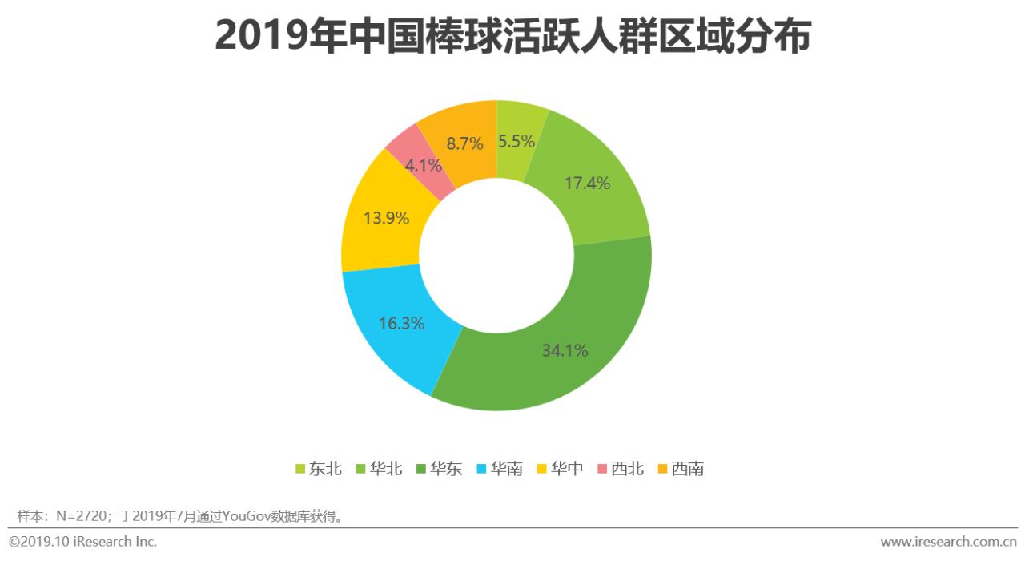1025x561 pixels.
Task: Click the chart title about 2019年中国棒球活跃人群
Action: click(x=512, y=37)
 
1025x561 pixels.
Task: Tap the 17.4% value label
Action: click(x=587, y=183)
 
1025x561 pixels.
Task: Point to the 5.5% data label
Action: click(x=517, y=143)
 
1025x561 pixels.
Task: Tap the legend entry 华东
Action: click(x=446, y=469)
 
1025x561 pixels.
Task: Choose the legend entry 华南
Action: click(x=506, y=469)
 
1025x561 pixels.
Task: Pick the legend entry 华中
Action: click(x=567, y=469)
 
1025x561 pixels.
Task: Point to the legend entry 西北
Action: click(x=627, y=469)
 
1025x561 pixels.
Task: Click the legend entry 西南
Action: click(x=688, y=469)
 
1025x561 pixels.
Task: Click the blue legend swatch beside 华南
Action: click(x=481, y=469)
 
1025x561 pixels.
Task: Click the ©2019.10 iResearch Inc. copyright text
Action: click(x=83, y=542)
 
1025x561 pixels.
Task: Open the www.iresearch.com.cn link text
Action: click(x=949, y=542)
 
